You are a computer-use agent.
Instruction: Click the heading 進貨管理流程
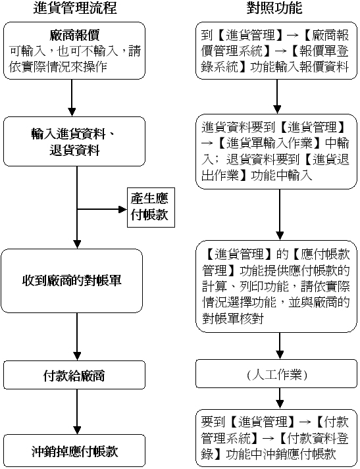point(74,8)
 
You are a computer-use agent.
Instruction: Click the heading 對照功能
point(274,8)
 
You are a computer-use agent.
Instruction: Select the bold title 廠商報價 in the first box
point(74,36)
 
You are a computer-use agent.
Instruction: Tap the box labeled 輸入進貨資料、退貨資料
point(74,141)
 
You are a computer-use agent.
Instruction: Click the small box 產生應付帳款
point(151,207)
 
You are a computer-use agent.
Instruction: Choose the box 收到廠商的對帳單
point(72,281)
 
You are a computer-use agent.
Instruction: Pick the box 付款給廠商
point(74,375)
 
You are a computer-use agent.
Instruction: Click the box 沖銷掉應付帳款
point(74,451)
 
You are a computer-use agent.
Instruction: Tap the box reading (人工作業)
point(276,374)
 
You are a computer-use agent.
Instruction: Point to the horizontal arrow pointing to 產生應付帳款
point(102,209)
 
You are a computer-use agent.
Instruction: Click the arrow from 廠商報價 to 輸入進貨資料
point(72,98)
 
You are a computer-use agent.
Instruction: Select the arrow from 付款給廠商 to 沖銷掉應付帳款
point(77,412)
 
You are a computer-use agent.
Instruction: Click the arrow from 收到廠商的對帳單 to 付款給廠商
point(77,337)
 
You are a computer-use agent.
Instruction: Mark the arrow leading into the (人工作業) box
point(280,346)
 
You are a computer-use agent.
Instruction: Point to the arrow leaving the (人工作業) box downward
point(280,399)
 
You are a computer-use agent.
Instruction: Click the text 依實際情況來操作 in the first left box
point(58,66)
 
